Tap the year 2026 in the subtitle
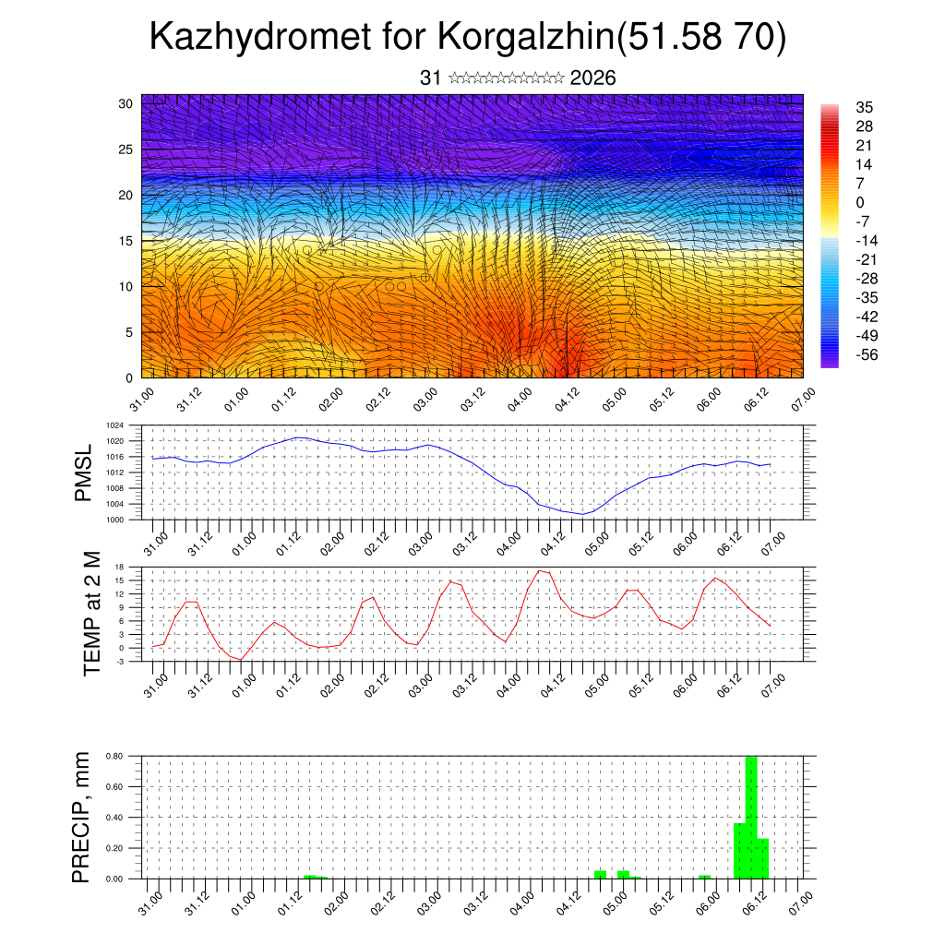(592, 78)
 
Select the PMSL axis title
(85, 472)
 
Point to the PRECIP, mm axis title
(82, 817)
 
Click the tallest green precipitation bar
(751, 817)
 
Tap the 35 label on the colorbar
(864, 107)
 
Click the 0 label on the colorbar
(860, 202)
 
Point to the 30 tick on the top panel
(126, 103)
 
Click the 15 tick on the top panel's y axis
(126, 241)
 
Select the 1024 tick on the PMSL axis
(114, 426)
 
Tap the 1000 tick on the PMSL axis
(114, 520)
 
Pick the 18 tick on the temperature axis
(119, 568)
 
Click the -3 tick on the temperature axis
(119, 662)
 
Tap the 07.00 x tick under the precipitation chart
(799, 897)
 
